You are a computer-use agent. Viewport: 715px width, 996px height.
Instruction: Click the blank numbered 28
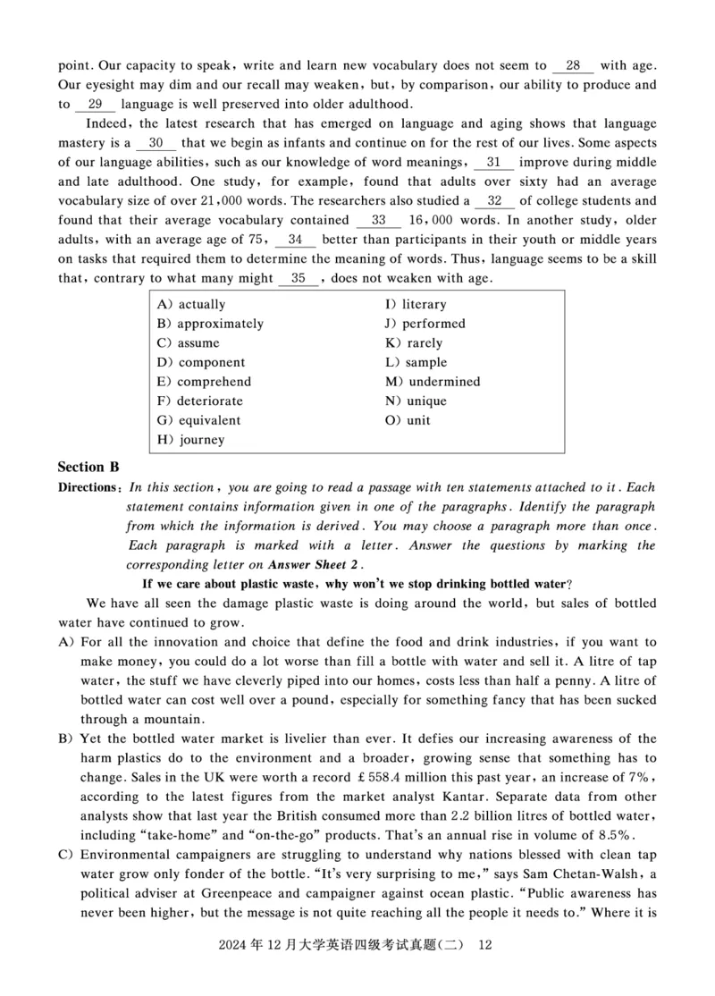(x=573, y=65)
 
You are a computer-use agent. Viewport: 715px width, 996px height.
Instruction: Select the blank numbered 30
(x=156, y=143)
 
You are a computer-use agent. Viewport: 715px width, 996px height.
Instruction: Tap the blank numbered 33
(x=378, y=220)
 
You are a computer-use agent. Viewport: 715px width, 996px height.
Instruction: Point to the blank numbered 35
(x=299, y=278)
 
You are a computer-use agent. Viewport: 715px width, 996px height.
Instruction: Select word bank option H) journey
(x=190, y=440)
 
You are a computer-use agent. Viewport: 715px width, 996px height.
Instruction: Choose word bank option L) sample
(x=416, y=363)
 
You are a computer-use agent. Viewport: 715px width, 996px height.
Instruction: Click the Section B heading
(x=88, y=467)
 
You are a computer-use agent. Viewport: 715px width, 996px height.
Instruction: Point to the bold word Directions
(x=88, y=488)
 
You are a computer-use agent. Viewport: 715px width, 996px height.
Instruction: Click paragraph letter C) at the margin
(x=65, y=855)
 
